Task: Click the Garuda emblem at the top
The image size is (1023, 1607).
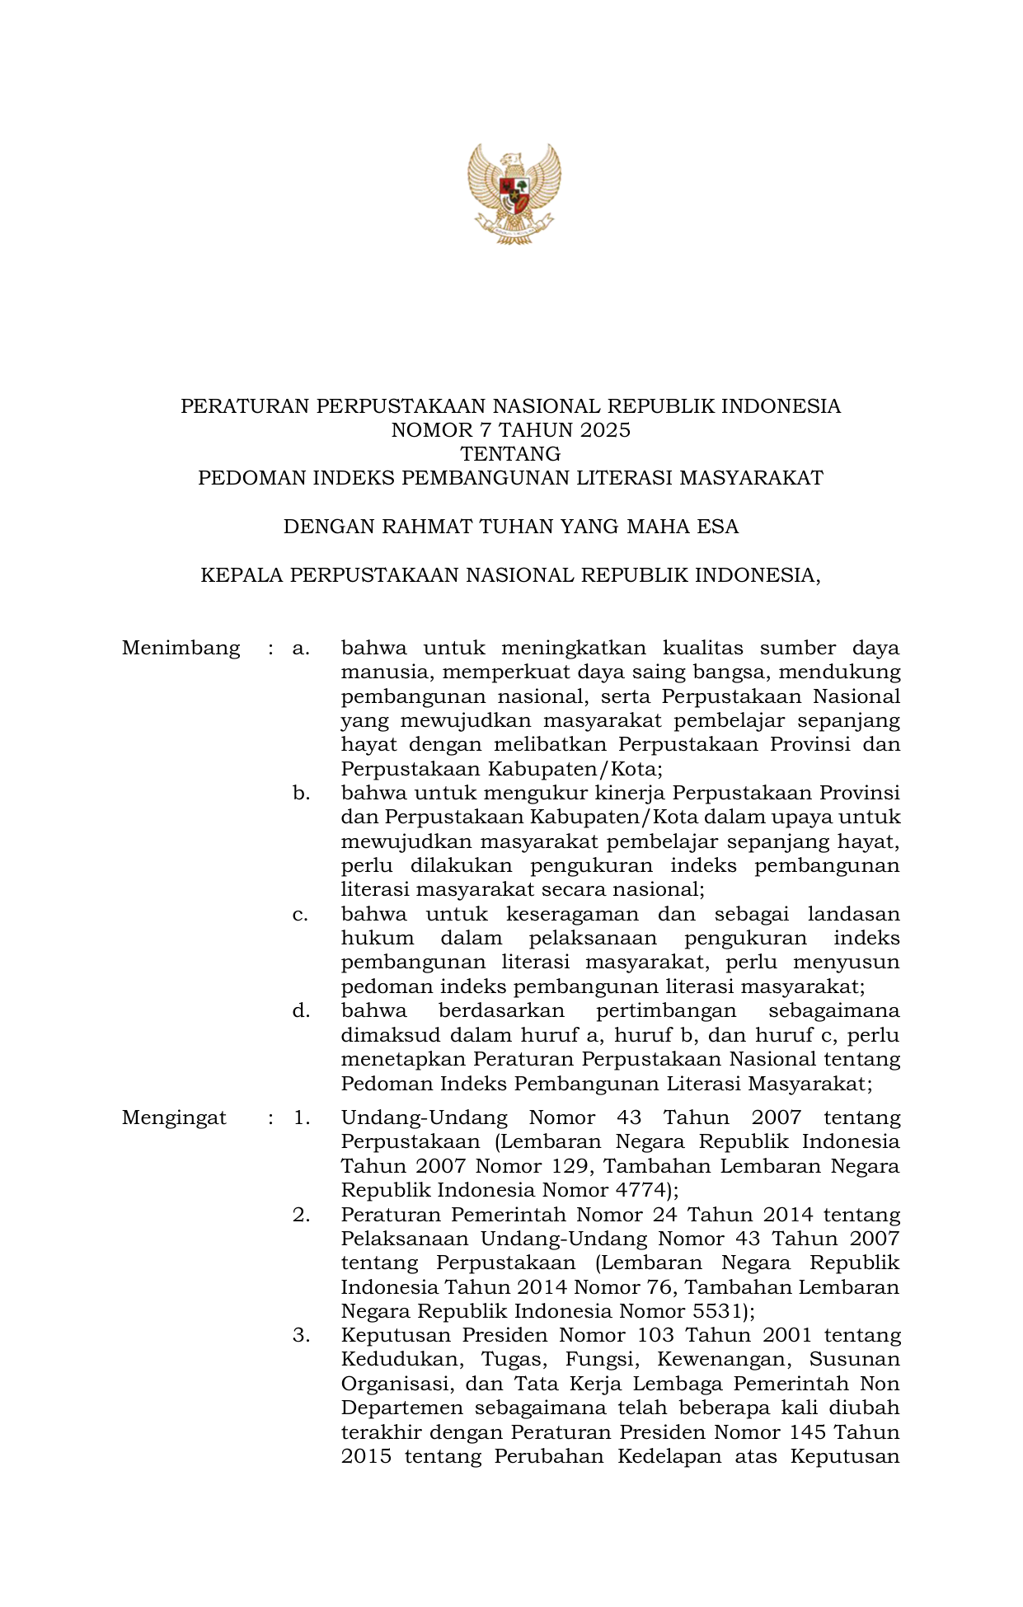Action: pos(513,194)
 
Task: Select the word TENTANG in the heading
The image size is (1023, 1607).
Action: pos(510,454)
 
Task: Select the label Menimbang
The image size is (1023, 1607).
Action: pos(181,648)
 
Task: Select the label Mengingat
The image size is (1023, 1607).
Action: pos(174,1117)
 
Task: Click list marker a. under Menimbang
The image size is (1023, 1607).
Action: pos(301,649)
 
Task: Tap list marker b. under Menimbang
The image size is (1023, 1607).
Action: pos(301,794)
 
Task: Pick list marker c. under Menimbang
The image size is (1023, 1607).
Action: pos(300,915)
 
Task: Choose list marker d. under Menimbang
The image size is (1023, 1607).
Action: pos(301,1011)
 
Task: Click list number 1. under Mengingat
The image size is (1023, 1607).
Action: pos(301,1118)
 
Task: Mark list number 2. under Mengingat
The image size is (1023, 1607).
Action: pos(301,1215)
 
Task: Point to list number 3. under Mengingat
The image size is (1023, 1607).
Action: pos(301,1335)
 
